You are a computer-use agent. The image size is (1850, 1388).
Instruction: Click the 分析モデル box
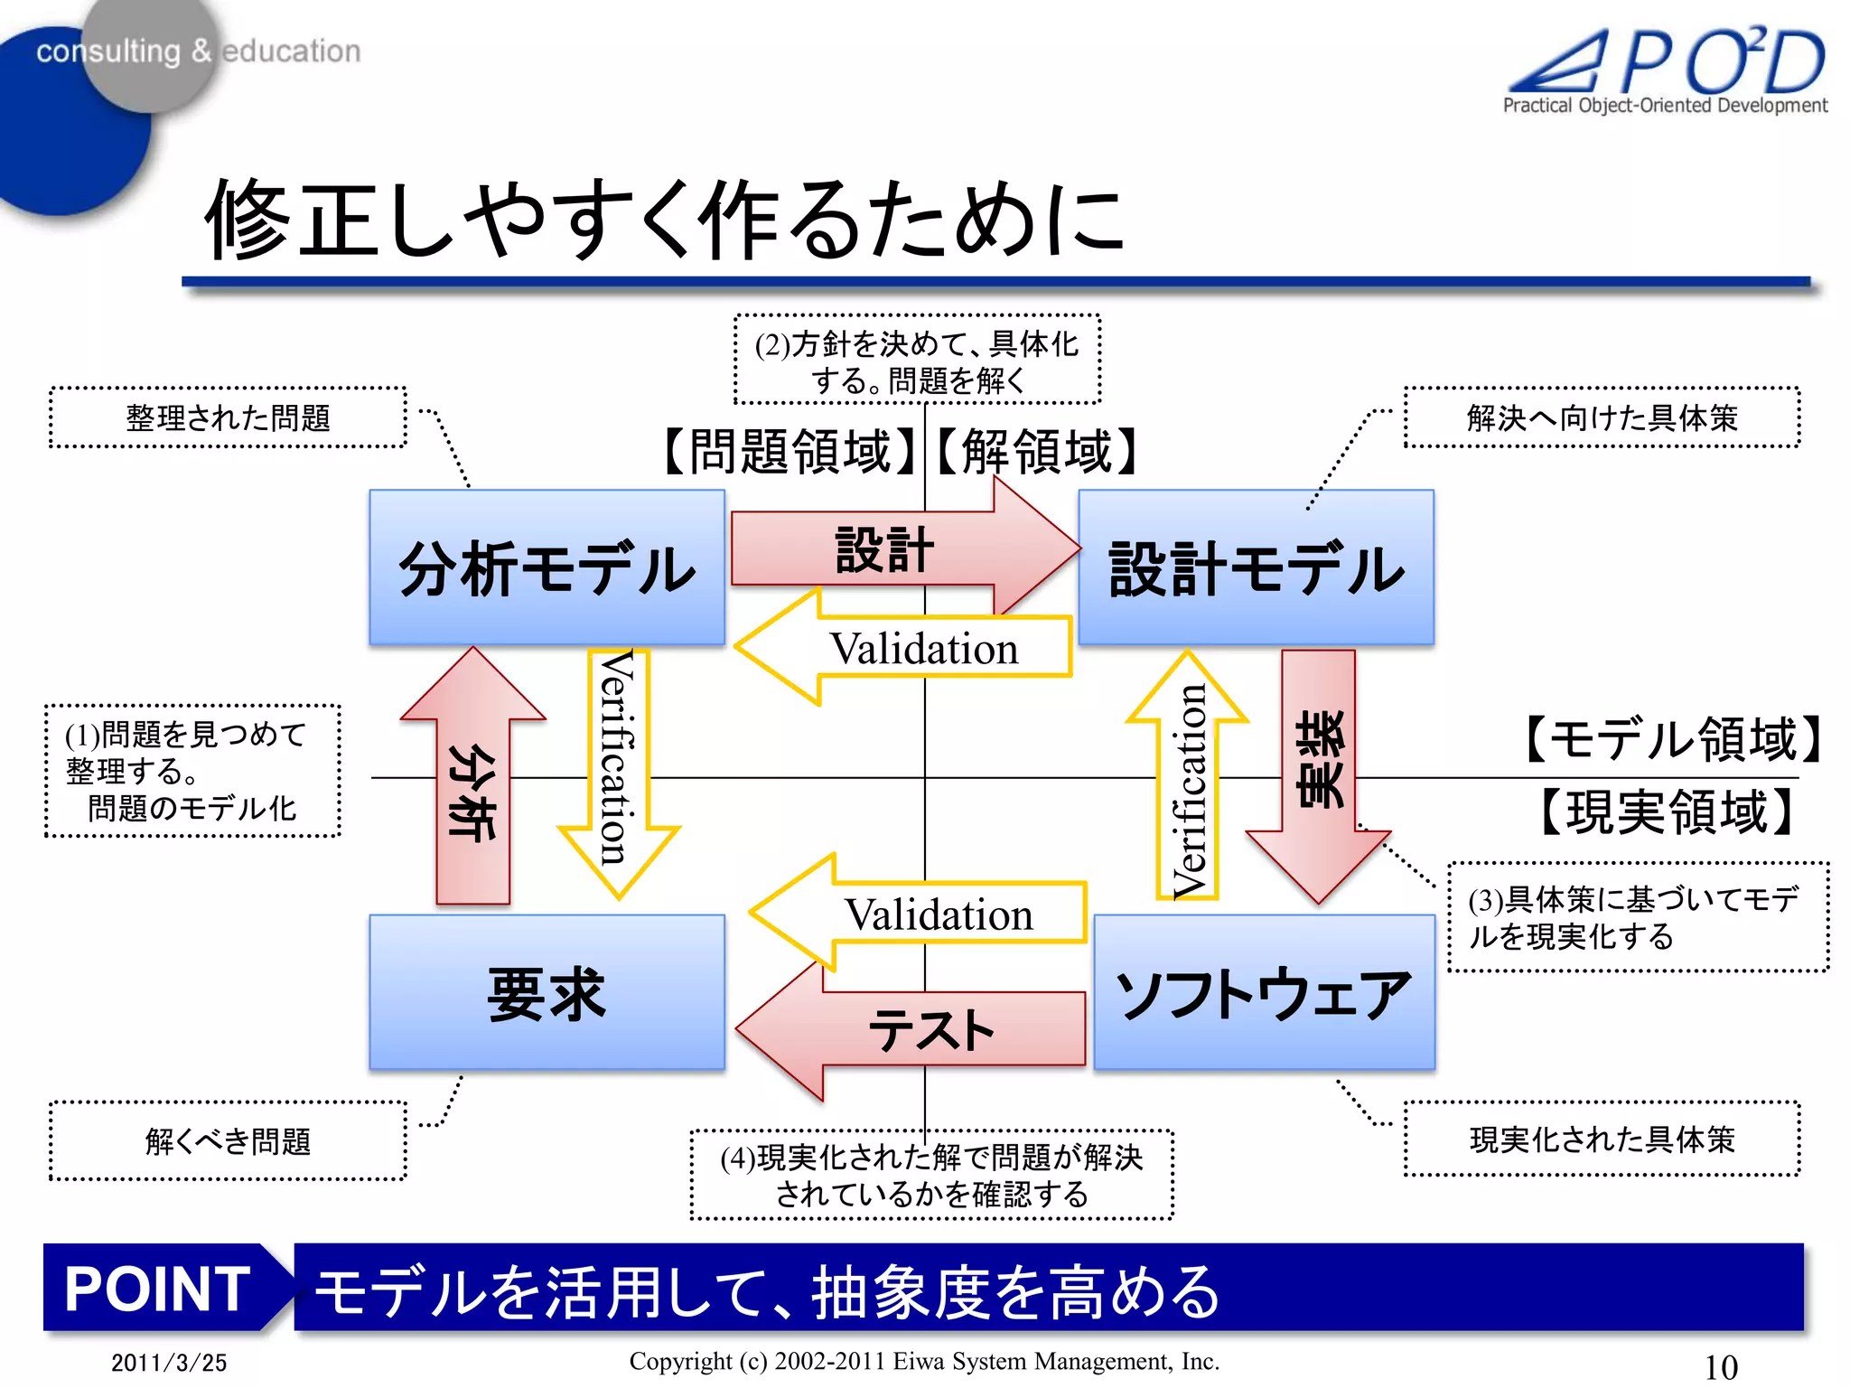[x=547, y=567]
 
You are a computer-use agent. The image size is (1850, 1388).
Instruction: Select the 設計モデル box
[x=1256, y=567]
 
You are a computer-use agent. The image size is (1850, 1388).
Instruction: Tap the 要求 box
[x=547, y=992]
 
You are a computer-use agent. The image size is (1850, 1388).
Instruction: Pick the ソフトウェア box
[x=1264, y=992]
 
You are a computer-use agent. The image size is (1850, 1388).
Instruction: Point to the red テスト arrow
[x=930, y=1030]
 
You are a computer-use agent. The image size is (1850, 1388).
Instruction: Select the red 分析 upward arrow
[x=472, y=795]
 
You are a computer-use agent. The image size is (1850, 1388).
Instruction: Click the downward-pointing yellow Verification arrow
[x=618, y=759]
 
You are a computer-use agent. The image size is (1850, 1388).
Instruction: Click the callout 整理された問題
[x=228, y=417]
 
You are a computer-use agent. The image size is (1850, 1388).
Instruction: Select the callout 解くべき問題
[x=228, y=1140]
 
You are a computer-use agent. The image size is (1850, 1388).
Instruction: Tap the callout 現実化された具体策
[x=1602, y=1139]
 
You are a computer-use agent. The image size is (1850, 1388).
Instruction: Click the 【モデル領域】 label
[x=1671, y=738]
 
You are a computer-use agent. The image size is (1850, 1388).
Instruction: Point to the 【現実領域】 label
[x=1667, y=811]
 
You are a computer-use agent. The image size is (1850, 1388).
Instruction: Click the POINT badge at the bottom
[x=158, y=1288]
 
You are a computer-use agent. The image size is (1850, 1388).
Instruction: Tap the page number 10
[x=1720, y=1366]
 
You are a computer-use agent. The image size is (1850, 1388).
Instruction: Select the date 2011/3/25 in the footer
[x=169, y=1362]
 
